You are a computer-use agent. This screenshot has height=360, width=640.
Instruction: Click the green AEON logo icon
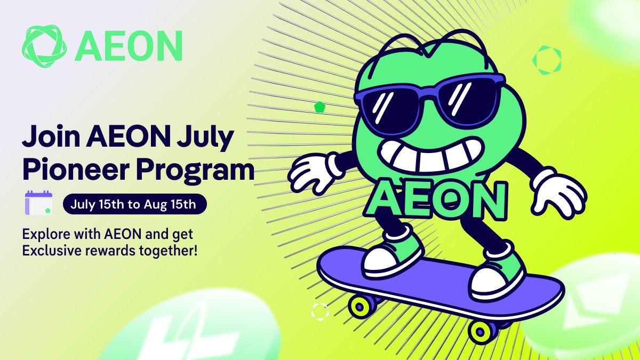(44, 46)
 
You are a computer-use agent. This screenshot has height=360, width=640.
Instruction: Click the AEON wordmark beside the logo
(129, 46)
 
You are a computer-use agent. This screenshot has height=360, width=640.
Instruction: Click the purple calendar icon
(38, 203)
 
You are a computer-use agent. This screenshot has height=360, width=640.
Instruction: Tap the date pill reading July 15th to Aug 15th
(134, 204)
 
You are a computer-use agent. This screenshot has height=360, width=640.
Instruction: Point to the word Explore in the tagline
(46, 235)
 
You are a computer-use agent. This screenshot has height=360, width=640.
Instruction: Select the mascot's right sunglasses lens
(469, 101)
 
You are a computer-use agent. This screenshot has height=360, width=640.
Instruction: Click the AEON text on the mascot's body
(436, 199)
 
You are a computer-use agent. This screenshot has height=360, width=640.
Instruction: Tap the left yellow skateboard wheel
(361, 307)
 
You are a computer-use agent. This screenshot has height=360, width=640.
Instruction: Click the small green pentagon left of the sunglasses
(319, 107)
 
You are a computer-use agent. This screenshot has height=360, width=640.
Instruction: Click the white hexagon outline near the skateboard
(319, 311)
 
